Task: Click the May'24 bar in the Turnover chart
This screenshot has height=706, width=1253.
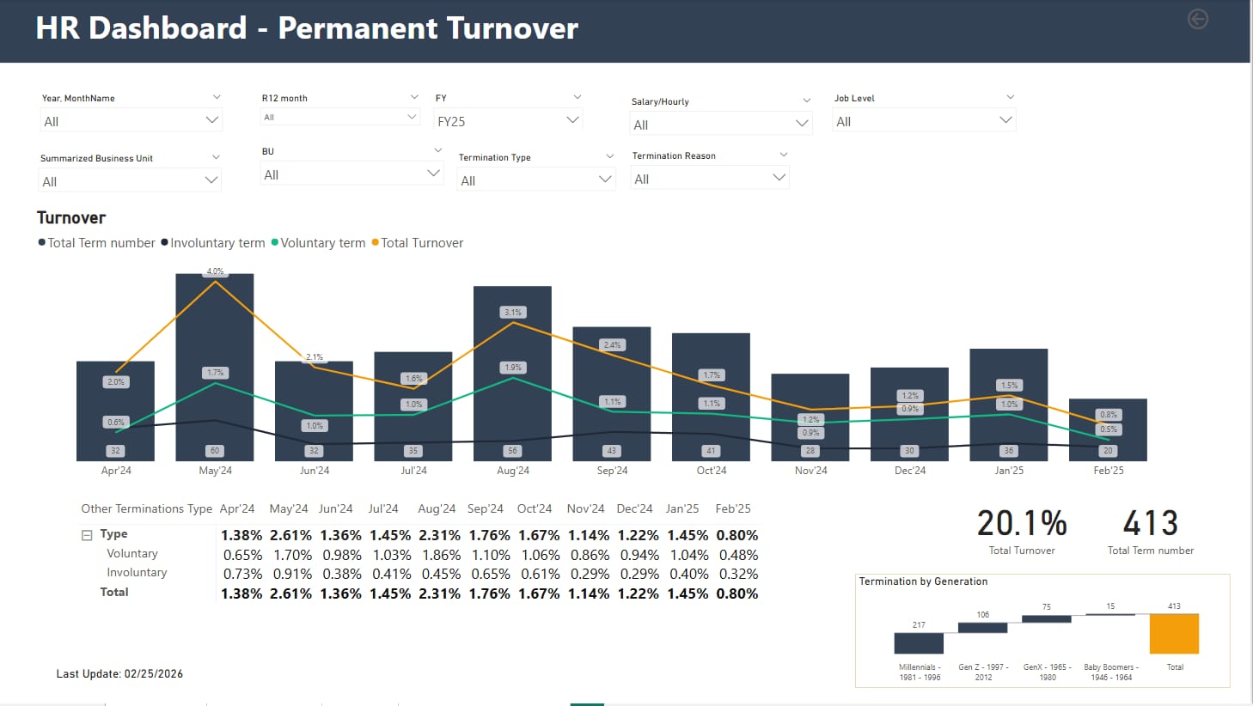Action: [x=215, y=326]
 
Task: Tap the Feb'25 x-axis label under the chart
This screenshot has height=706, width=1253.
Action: [x=1108, y=471]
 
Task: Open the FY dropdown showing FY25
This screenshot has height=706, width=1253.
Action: [x=508, y=121]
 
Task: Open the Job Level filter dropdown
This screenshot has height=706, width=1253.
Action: [x=924, y=121]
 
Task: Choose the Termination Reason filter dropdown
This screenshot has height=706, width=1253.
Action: [x=710, y=179]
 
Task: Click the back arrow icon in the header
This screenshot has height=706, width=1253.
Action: [x=1197, y=19]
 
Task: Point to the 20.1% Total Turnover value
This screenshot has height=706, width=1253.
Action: [x=1021, y=523]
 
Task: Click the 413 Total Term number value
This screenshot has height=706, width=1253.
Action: [x=1150, y=523]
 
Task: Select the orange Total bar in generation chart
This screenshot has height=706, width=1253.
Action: [x=1174, y=634]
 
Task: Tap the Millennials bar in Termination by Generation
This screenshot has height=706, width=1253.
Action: [x=919, y=642]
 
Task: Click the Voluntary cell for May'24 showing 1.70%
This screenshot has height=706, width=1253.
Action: [x=292, y=555]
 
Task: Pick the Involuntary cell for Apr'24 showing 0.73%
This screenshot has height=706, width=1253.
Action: [x=242, y=574]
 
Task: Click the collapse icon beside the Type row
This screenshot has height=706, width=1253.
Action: [x=87, y=535]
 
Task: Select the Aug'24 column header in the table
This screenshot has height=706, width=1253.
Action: [x=437, y=508]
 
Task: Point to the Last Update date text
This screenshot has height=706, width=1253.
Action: [x=119, y=674]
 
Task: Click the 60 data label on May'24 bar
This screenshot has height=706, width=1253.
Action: [x=215, y=451]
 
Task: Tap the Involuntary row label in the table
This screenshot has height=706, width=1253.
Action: [x=137, y=573]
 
